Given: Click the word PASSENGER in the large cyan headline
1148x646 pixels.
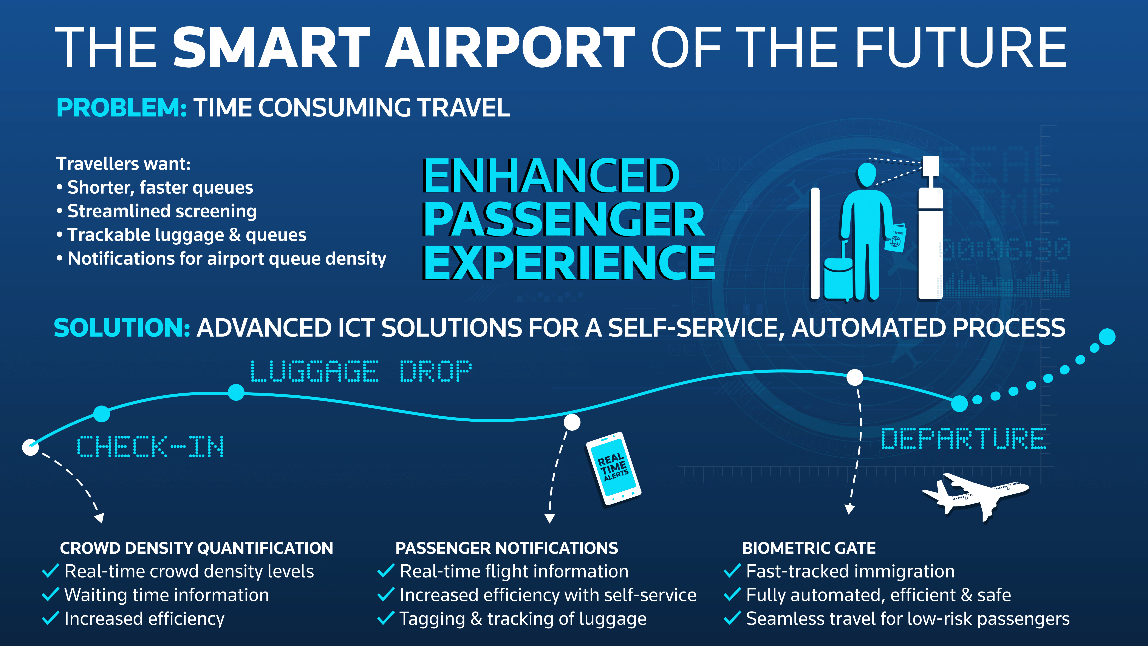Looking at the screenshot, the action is click(x=564, y=219).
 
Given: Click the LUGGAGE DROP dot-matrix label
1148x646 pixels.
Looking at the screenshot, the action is click(x=361, y=371).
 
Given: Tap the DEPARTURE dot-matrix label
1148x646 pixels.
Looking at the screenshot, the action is click(x=964, y=438).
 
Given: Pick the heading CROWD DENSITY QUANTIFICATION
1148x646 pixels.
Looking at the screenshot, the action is click(x=196, y=548).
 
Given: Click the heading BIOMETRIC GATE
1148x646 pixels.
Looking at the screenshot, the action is click(x=809, y=548).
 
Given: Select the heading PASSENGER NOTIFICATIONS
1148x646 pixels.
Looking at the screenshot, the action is click(x=507, y=548).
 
